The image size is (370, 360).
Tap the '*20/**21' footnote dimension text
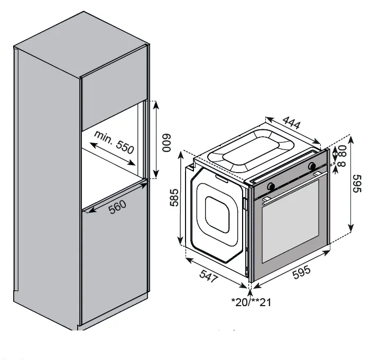[x=252, y=302]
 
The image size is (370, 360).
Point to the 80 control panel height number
[x=341, y=151]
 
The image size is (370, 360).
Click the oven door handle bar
[x=291, y=188]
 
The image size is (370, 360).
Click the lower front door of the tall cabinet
[x=114, y=259]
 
